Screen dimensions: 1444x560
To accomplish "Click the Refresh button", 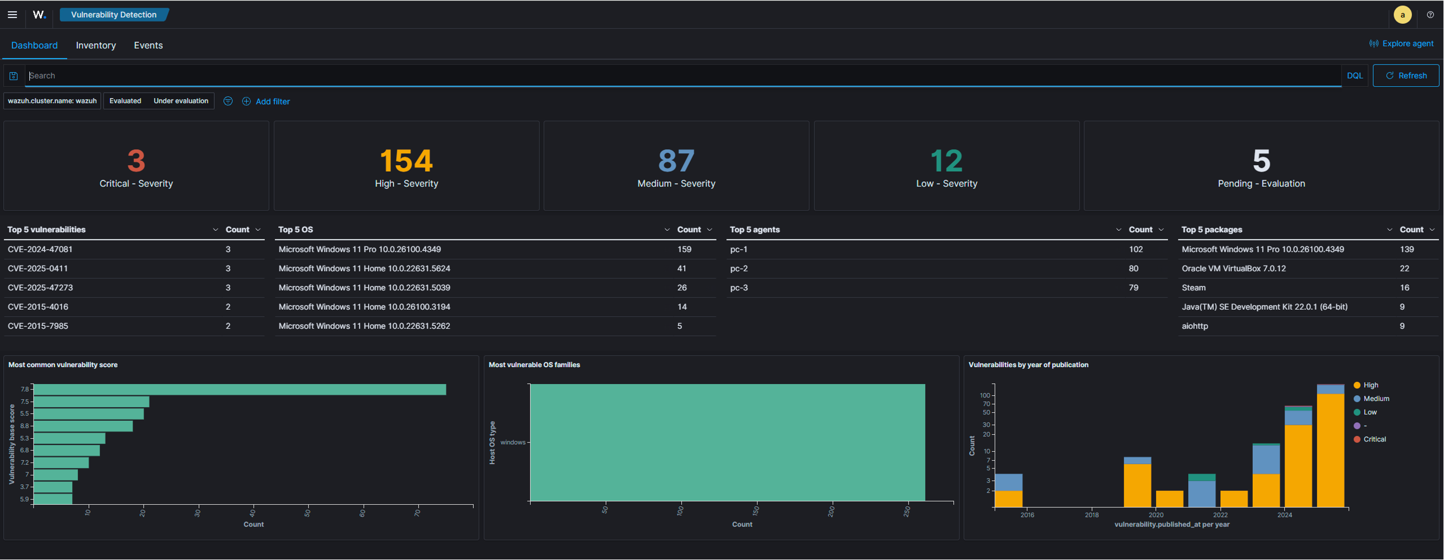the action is click(x=1406, y=76).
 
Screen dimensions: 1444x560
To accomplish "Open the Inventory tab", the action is click(x=96, y=45).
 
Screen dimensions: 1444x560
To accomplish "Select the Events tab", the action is click(x=148, y=45).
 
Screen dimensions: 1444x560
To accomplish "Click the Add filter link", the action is click(x=266, y=101).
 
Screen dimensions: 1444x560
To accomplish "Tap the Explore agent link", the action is click(x=1401, y=44).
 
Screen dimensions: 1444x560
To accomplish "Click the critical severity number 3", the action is click(x=136, y=161).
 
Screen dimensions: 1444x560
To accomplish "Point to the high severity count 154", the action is click(x=407, y=161).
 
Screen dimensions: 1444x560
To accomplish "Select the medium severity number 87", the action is click(x=676, y=161).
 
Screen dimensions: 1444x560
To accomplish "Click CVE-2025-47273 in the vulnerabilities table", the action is click(x=40, y=288).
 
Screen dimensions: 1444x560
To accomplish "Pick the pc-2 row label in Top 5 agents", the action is click(x=739, y=269).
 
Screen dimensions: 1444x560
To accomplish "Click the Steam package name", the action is click(x=1194, y=288).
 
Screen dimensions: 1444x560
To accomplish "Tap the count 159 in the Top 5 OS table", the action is click(x=684, y=249).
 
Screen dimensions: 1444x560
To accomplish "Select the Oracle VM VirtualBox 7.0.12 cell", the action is click(x=1234, y=269).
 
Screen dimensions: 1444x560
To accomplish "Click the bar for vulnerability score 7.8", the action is click(x=240, y=389).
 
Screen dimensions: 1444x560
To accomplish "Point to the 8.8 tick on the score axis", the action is click(x=25, y=426).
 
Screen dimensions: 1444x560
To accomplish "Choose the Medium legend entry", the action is click(x=1371, y=399).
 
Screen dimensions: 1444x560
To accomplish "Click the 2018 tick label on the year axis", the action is click(x=1092, y=515).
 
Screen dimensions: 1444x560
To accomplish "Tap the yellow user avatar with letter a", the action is click(x=1402, y=15).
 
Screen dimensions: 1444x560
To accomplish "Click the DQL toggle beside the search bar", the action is click(x=1355, y=76).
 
